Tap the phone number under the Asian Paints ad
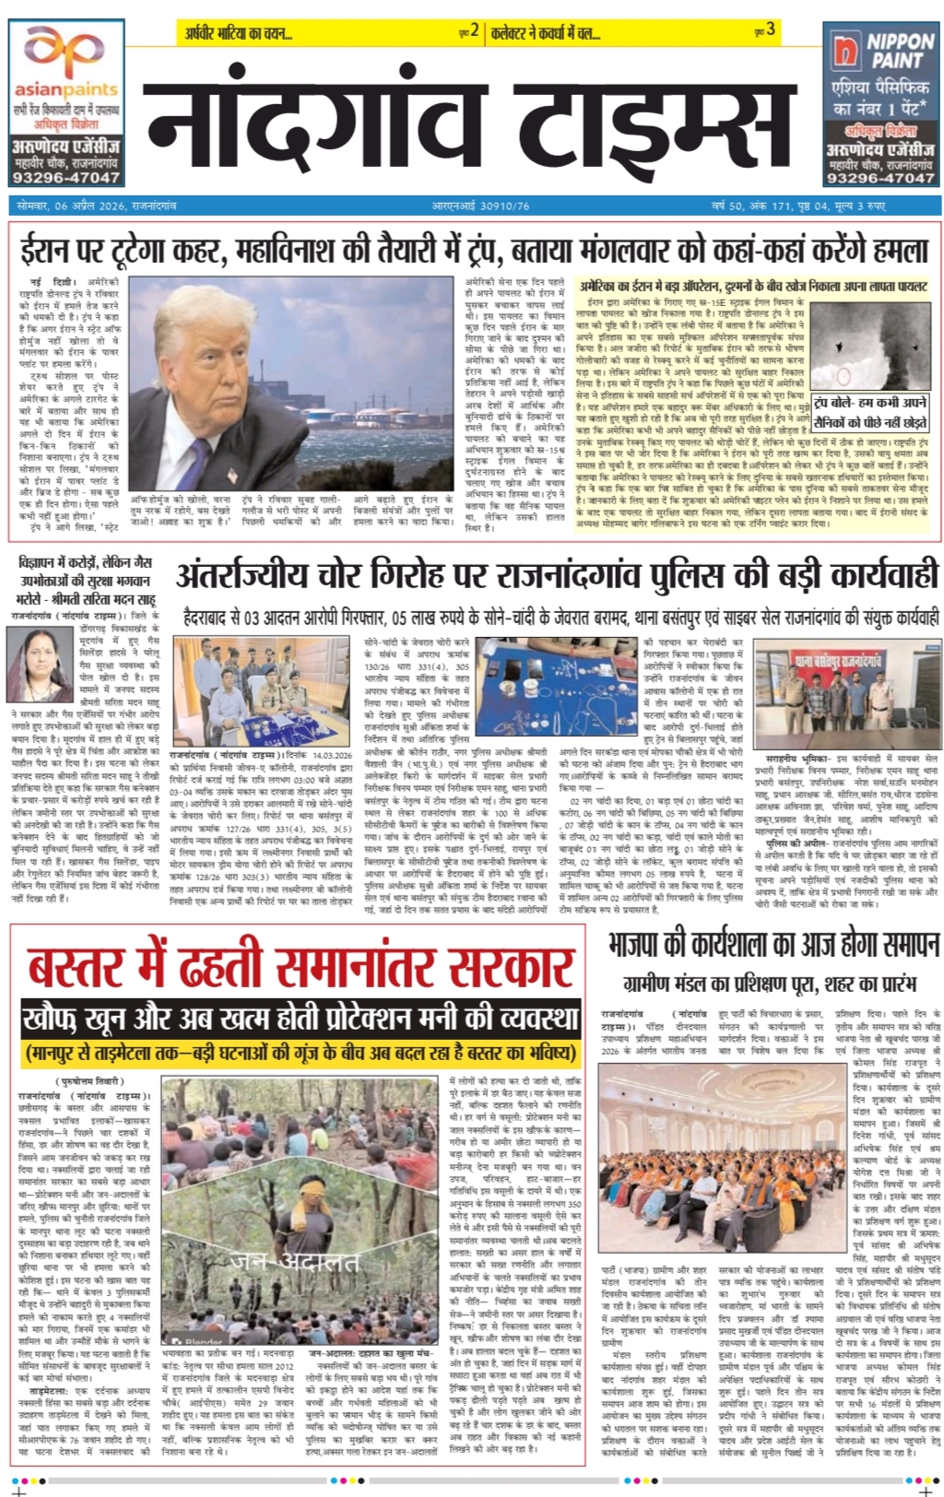click(65, 177)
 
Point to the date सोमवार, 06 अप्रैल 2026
click(97, 206)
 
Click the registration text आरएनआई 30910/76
click(480, 206)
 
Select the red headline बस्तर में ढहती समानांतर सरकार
click(301, 965)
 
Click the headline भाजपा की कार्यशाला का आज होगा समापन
click(773, 946)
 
